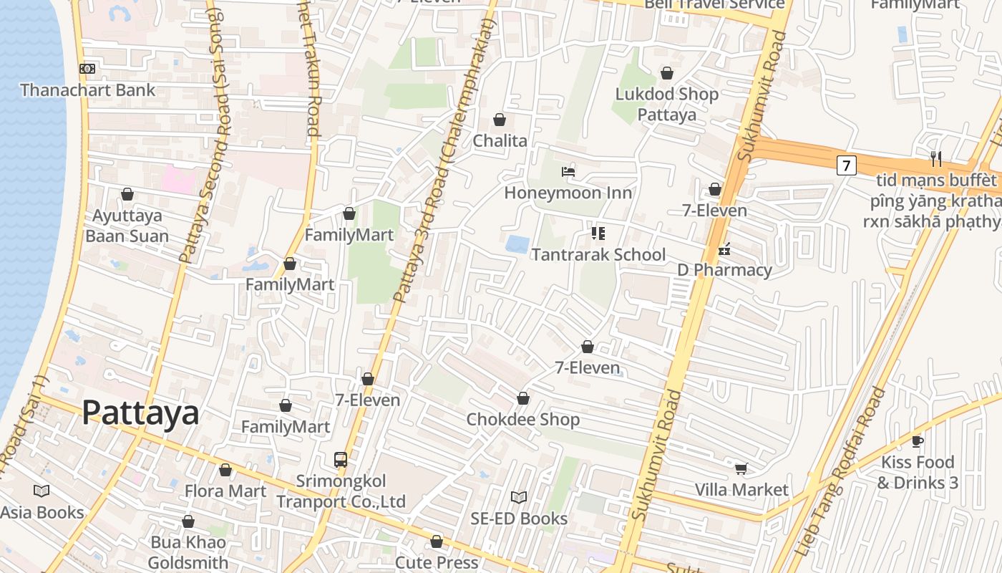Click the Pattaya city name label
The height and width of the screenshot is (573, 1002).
[140, 413]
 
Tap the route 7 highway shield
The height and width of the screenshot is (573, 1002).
[846, 165]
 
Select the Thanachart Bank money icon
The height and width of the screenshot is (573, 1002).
[87, 69]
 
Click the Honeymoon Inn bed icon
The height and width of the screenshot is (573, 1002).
[568, 172]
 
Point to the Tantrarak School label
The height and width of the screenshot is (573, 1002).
[598, 255]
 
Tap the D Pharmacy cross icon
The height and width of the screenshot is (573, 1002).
[724, 250]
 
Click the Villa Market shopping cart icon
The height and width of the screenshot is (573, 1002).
[741, 469]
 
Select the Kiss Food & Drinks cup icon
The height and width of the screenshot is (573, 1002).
[918, 441]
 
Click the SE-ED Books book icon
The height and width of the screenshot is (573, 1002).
[519, 497]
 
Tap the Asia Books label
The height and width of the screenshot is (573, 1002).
[42, 513]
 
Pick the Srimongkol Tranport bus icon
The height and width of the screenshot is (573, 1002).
[341, 459]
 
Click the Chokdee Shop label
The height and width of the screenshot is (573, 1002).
[522, 420]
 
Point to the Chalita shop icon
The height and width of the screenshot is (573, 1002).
[500, 120]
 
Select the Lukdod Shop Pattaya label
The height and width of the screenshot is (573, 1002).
[666, 105]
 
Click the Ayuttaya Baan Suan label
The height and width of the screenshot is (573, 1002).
[127, 226]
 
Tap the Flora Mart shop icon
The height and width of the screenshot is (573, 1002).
[225, 471]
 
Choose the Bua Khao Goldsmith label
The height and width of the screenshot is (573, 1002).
[188, 552]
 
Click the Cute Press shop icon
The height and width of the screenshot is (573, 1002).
[437, 542]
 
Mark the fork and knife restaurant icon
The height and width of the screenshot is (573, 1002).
[935, 158]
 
